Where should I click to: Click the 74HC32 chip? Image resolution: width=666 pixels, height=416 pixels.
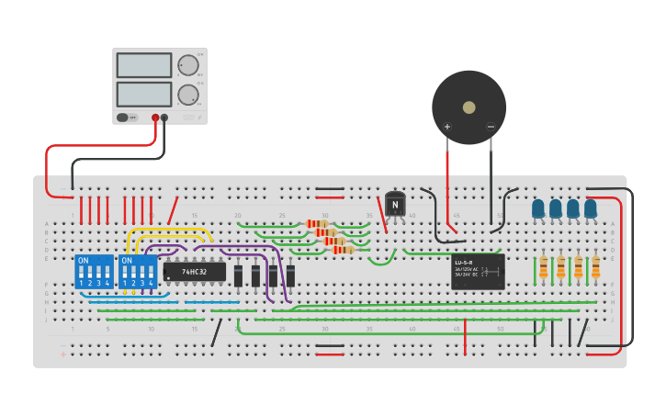194,272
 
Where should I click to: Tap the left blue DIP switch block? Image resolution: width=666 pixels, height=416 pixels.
94,272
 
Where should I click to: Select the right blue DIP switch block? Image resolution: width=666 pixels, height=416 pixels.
138,272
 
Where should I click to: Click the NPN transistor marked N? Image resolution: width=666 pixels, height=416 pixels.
395,204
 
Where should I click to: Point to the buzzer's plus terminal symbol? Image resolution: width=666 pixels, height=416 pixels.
447,127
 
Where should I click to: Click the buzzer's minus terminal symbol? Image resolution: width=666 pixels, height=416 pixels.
491,127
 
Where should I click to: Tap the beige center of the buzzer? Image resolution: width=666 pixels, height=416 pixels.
468,107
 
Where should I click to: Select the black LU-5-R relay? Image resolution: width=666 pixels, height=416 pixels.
478,272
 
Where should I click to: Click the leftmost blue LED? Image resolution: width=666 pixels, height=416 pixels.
538,209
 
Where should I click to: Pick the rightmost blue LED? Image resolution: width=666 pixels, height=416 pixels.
591,209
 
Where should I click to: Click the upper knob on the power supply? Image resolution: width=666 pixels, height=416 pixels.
187,65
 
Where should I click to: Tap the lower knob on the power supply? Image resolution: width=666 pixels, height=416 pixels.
187,95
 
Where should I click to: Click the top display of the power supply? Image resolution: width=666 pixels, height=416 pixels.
143,65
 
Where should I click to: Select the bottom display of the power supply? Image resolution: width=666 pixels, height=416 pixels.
143,95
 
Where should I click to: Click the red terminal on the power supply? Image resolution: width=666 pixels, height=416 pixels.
155,118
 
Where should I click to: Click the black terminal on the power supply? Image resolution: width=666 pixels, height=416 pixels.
165,118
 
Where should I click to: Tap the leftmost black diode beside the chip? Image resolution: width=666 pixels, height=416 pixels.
238,275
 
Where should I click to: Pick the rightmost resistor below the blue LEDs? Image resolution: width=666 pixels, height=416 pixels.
595,267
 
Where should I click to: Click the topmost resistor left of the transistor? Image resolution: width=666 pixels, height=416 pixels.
317,224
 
